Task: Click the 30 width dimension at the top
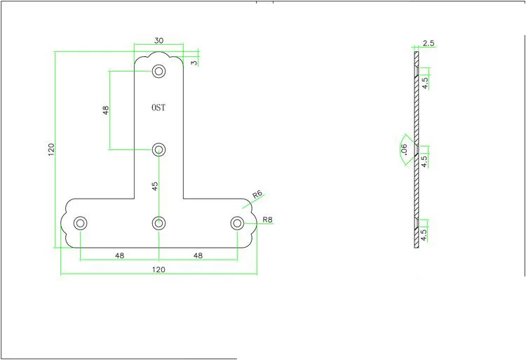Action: point(159,41)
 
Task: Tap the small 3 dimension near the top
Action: point(194,62)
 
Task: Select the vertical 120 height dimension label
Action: point(51,149)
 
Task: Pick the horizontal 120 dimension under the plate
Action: point(159,269)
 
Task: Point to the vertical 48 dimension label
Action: point(106,110)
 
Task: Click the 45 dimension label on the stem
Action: point(155,186)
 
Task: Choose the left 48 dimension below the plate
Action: point(119,255)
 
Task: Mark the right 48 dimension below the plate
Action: point(198,255)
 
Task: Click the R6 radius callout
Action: point(257,194)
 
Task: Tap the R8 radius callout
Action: point(267,220)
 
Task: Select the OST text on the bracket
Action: point(159,107)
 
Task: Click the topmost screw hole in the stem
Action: point(159,71)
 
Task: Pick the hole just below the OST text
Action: point(159,149)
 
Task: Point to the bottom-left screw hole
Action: point(80,222)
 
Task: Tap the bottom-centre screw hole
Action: point(159,222)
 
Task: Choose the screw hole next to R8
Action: point(237,222)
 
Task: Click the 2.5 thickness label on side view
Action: point(429,43)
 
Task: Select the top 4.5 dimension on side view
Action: point(425,83)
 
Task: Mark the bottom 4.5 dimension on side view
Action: point(424,235)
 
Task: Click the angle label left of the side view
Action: point(404,149)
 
